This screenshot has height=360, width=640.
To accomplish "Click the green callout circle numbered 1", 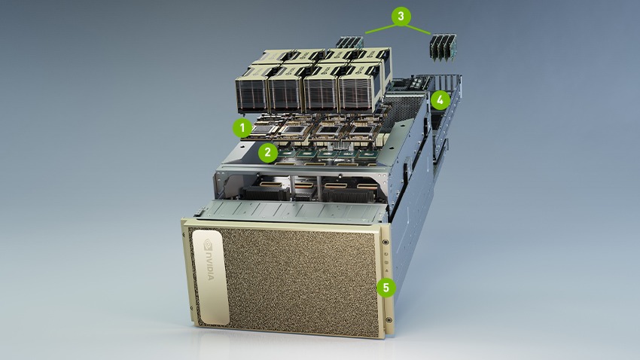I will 242,127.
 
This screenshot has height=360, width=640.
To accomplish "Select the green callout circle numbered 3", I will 401,15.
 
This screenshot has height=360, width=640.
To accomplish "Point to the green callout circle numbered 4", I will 440,99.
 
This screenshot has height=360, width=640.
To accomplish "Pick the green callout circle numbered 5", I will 386,287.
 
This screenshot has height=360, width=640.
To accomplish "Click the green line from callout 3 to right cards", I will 419,26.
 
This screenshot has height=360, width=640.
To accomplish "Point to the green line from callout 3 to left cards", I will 379,26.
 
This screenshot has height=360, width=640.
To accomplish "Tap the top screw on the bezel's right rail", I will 386,242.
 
